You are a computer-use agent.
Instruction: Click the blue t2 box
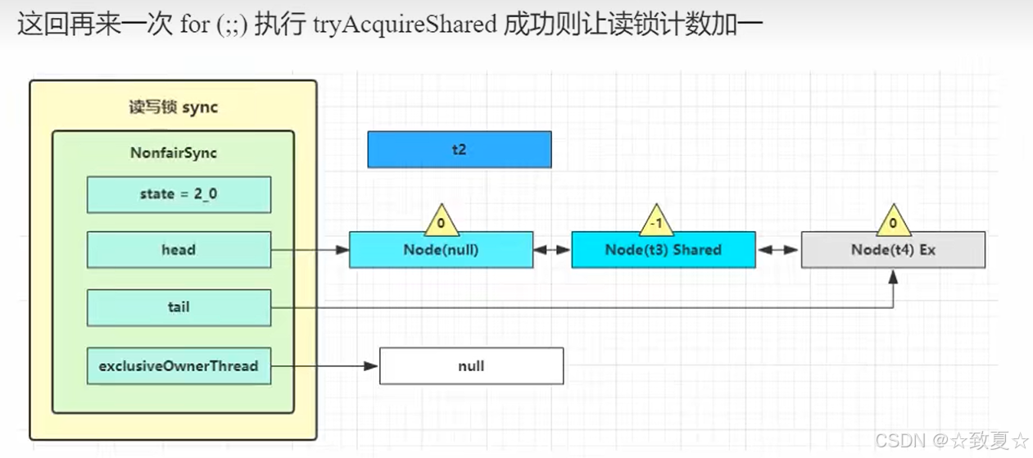click(x=459, y=150)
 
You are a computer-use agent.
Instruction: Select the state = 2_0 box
click(x=179, y=194)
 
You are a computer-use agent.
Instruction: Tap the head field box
click(x=179, y=250)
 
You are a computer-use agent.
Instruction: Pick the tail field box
click(x=179, y=307)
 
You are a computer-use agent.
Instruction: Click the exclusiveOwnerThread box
click(x=179, y=366)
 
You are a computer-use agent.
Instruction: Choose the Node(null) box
click(x=441, y=250)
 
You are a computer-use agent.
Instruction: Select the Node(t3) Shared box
click(x=663, y=250)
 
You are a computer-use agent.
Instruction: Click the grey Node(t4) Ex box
click(x=893, y=250)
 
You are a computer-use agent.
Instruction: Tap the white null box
click(x=471, y=366)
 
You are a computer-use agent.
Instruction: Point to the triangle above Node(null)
click(x=441, y=220)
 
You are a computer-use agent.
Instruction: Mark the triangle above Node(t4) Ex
click(x=893, y=220)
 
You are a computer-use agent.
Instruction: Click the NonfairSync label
click(x=173, y=153)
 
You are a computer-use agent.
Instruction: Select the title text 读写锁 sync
click(x=173, y=107)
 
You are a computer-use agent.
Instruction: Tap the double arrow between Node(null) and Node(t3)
click(x=552, y=250)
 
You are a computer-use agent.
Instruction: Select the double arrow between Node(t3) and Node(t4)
click(x=777, y=250)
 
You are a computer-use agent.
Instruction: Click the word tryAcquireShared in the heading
click(x=405, y=25)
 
